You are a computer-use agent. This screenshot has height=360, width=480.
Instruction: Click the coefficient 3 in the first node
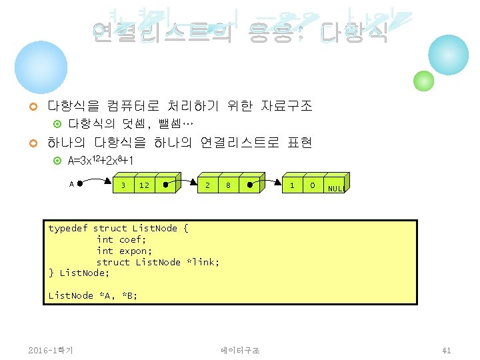coord(123,185)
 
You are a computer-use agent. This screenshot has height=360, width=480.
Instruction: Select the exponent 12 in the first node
coord(144,185)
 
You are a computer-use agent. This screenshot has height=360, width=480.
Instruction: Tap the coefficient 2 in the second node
coord(208,185)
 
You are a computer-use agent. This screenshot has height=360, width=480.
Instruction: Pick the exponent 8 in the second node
coord(228,185)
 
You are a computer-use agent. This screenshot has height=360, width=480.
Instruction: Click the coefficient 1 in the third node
coord(292,185)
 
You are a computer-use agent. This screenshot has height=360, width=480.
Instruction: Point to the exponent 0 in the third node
coord(312,185)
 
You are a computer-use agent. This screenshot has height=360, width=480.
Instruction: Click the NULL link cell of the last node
coord(335,187)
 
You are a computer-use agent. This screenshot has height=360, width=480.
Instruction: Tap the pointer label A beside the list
coord(71,183)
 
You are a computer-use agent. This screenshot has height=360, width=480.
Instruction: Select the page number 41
coord(447,350)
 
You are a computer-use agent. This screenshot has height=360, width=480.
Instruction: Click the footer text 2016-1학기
coord(51,350)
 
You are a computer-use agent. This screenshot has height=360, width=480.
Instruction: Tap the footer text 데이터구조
coord(240,350)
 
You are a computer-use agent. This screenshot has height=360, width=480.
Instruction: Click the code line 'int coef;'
coord(121,239)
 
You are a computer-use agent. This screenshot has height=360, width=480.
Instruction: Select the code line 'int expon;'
coord(124,251)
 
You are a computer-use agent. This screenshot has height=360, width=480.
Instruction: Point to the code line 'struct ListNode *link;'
coord(158,262)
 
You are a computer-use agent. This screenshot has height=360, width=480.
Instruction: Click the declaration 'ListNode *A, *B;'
coord(93,295)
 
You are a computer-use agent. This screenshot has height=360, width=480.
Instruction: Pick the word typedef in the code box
coord(67,228)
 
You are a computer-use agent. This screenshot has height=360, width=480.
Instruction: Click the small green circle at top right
coord(423,81)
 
